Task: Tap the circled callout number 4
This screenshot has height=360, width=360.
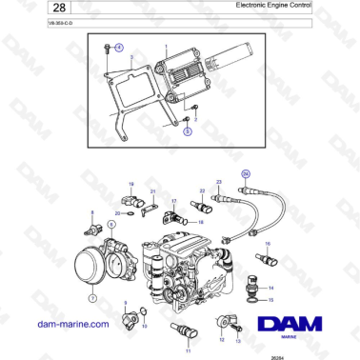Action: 119,47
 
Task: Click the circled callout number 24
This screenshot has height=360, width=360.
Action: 245,173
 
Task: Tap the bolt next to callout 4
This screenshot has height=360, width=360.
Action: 104,47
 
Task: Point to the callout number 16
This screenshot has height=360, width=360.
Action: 268,245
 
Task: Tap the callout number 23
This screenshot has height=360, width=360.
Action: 218,180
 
